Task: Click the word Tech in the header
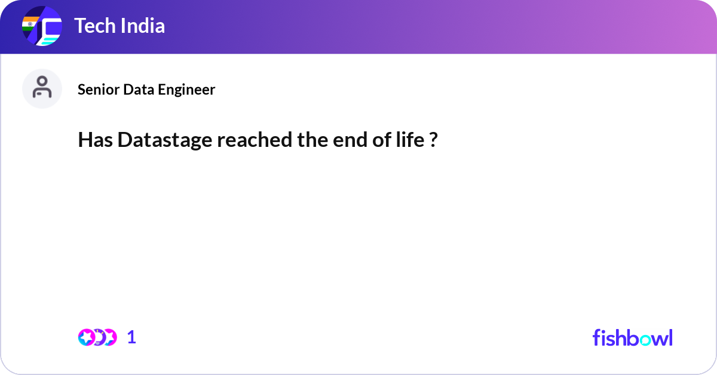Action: point(95,26)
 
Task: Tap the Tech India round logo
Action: point(42,26)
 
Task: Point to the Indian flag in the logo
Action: point(30,24)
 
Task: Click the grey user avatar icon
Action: point(42,88)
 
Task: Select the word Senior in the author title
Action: point(98,90)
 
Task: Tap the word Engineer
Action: point(186,90)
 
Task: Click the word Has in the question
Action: point(96,140)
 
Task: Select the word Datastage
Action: point(165,140)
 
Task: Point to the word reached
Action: point(255,140)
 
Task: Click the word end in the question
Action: point(350,140)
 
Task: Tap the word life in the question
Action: point(410,140)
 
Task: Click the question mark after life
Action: point(433,140)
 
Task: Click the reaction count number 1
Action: point(131,337)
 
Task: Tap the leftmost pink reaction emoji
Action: point(87,337)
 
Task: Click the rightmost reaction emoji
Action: point(110,337)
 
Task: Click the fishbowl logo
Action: point(633,337)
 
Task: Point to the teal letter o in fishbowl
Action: point(646,340)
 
